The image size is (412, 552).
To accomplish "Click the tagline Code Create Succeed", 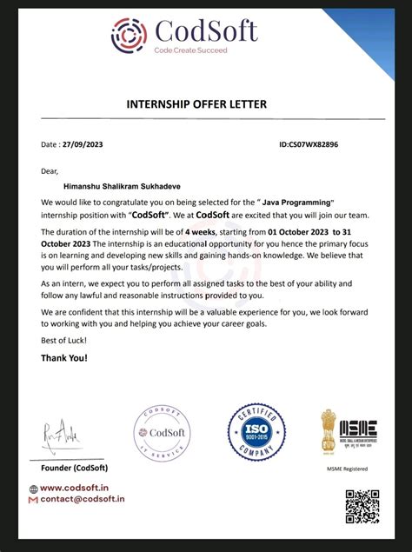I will pyautogui.click(x=190, y=51).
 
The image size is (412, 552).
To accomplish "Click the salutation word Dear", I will pyautogui.click(x=50, y=170).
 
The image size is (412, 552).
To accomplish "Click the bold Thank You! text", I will pyautogui.click(x=64, y=357).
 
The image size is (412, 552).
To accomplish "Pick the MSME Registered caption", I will pyautogui.click(x=346, y=470).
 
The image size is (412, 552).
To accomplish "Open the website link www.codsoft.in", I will pyautogui.click(x=79, y=488).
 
